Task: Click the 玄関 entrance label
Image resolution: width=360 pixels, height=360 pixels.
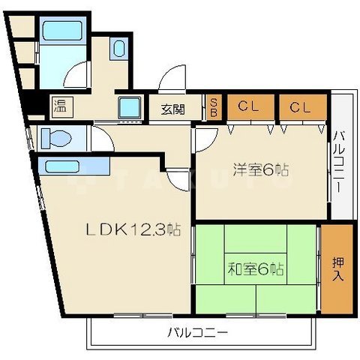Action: click(x=172, y=109)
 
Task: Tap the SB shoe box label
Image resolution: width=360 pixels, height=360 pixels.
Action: click(x=214, y=106)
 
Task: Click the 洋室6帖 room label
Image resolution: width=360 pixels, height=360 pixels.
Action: click(x=259, y=169)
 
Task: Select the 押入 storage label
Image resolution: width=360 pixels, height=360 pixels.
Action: click(x=339, y=268)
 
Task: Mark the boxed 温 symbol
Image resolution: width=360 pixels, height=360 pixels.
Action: click(x=58, y=106)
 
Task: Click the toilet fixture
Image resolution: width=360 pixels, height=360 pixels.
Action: click(x=55, y=138)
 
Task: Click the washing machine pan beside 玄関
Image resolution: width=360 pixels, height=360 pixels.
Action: click(x=130, y=106)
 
